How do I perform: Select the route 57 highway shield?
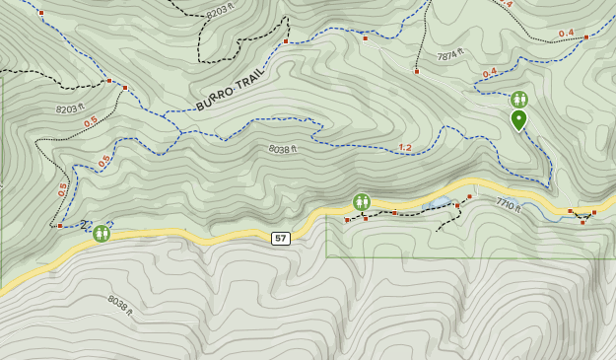(x=281, y=238)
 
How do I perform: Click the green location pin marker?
(x=518, y=119)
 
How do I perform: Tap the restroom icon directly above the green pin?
(x=518, y=99)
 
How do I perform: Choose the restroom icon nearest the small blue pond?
(x=362, y=202)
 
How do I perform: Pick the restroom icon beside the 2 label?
(x=101, y=233)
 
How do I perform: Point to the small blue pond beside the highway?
(x=439, y=203)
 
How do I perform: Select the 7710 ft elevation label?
(x=508, y=205)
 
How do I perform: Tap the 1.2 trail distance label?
(x=405, y=148)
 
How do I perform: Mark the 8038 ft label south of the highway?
(x=119, y=306)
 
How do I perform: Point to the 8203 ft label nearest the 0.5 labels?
(x=70, y=108)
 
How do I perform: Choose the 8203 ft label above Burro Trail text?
(x=221, y=11)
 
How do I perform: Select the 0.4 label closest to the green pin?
(x=490, y=72)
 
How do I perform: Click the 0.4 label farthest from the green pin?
(x=566, y=33)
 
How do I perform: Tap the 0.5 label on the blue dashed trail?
(x=103, y=160)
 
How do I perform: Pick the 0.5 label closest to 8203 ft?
(x=91, y=121)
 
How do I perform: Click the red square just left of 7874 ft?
(x=417, y=71)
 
